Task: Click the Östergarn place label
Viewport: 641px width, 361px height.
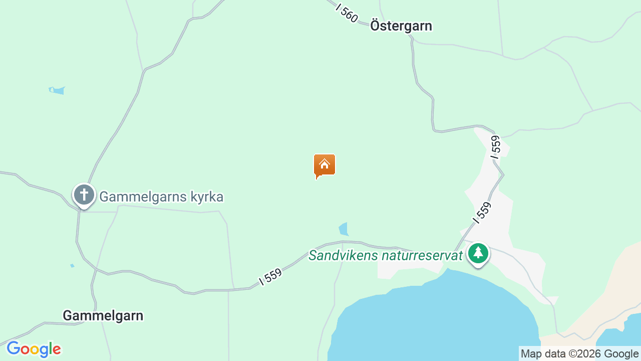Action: click(401, 26)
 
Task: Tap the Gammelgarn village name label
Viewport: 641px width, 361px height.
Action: click(103, 316)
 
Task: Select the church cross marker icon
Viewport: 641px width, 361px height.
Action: click(84, 195)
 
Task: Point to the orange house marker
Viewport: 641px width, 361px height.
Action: click(325, 165)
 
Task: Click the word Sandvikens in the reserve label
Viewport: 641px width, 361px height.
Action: click(343, 256)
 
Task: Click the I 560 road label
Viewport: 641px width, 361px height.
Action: click(347, 14)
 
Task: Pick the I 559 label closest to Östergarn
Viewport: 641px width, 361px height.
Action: click(495, 147)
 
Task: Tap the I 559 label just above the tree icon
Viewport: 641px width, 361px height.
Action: click(482, 212)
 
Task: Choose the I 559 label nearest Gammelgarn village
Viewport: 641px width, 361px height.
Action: click(271, 277)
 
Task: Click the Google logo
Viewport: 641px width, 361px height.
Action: click(34, 349)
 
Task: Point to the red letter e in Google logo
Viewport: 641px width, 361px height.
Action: click(56, 349)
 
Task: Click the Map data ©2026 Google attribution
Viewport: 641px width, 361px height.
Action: click(579, 354)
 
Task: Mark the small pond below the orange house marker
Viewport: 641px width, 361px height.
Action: click(344, 230)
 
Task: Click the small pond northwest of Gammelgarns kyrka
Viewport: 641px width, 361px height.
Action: click(57, 90)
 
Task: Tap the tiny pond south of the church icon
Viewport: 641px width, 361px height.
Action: click(72, 265)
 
